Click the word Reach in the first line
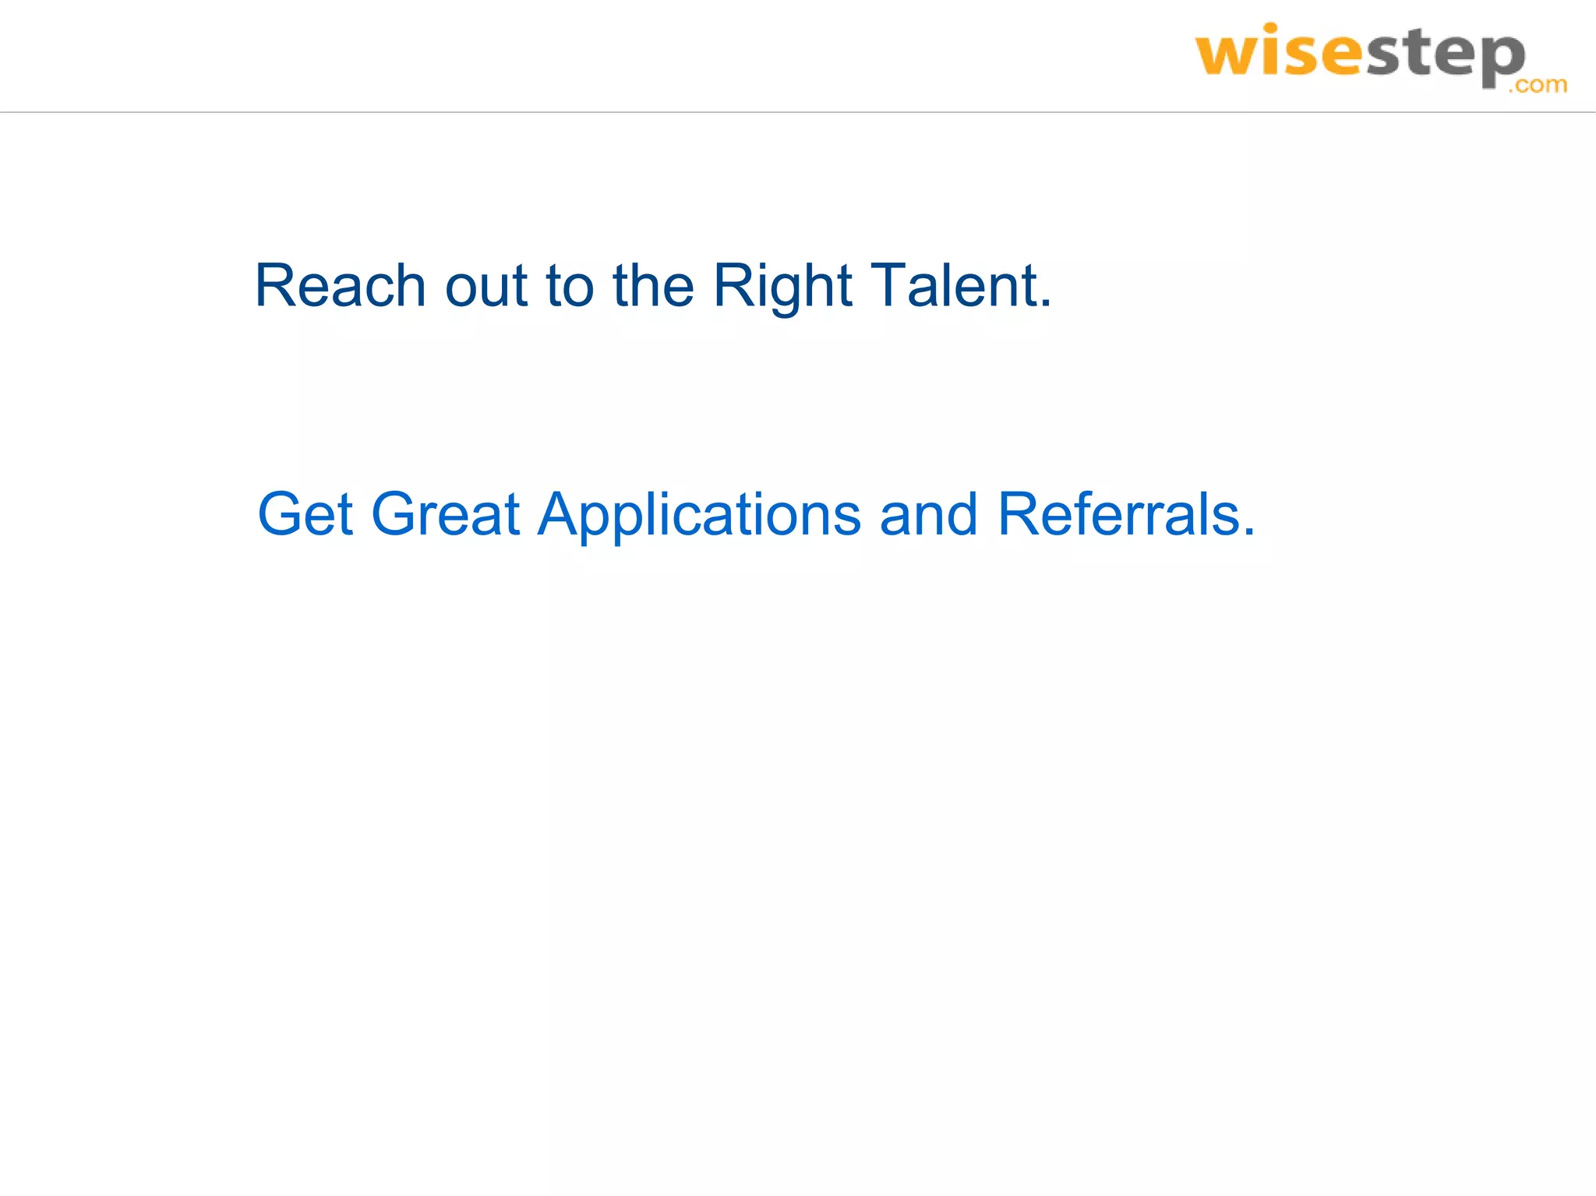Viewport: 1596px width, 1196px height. click(x=340, y=286)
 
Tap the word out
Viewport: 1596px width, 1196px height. click(x=486, y=286)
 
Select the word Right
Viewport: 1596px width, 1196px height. click(x=782, y=286)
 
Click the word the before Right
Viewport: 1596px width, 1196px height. click(x=653, y=286)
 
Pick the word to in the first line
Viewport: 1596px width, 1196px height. click(x=570, y=286)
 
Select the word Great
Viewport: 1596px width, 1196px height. click(x=445, y=514)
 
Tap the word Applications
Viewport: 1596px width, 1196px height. click(x=699, y=514)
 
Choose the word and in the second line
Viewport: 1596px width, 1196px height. click(x=928, y=514)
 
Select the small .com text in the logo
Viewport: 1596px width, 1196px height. click(x=1537, y=84)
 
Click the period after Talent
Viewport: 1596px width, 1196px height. click(x=1046, y=305)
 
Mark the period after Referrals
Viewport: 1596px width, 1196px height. click(x=1249, y=533)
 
